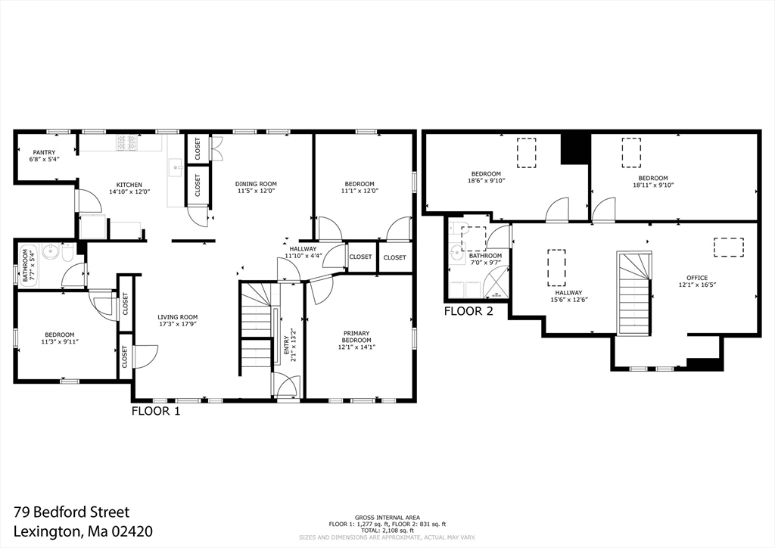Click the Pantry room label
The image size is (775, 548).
pos(44,153)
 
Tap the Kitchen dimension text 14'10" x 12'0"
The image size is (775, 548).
pos(129,191)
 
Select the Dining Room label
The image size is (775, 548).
pos(256,184)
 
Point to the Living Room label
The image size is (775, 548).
pos(177,317)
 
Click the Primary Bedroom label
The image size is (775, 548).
pos(356,337)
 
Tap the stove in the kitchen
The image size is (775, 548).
pos(126,142)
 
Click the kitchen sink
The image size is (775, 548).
pos(176,168)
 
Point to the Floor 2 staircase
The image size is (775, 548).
pos(633,292)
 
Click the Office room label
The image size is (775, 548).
pos(697,278)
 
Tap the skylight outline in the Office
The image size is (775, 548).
pos(729,248)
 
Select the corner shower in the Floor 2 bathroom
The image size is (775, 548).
pos(496,282)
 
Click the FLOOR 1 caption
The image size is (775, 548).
pos(156,411)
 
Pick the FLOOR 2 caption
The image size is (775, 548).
pos(468,311)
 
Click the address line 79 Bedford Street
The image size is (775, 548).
pos(72,512)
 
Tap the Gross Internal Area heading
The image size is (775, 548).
pos(387,518)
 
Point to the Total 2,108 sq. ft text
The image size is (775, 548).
pos(387,530)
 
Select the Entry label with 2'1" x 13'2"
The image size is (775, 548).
pos(290,345)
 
